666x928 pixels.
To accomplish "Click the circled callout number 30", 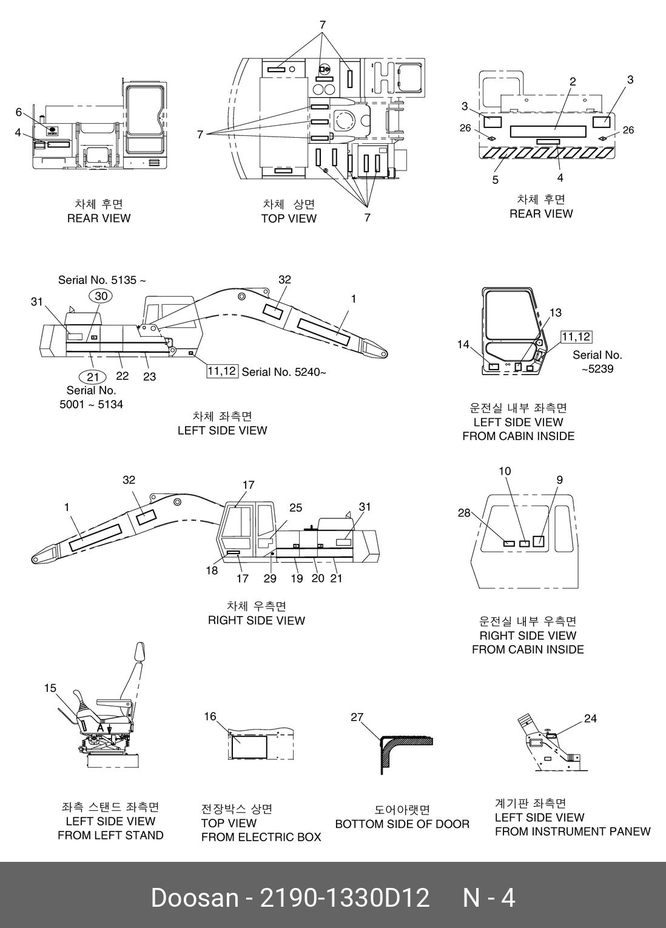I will click(x=101, y=296).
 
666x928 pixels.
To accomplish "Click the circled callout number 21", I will click(x=93, y=377).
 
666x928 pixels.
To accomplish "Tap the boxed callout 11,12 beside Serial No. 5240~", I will click(x=222, y=370).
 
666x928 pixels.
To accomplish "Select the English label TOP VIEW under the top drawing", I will click(x=289, y=218).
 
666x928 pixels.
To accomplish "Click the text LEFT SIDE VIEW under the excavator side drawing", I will click(x=222, y=430).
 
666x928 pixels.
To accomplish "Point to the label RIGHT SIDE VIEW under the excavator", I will click(x=256, y=620).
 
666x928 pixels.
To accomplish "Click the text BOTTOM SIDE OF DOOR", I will click(x=402, y=824).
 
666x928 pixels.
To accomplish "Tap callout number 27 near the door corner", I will click(x=357, y=717).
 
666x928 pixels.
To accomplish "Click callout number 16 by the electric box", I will click(x=210, y=716).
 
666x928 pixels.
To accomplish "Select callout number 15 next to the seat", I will click(x=50, y=688).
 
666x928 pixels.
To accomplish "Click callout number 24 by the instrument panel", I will click(x=590, y=719).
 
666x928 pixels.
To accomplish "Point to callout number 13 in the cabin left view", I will click(x=556, y=313).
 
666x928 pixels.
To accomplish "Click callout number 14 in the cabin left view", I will click(x=463, y=345).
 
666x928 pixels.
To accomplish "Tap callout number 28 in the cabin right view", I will click(x=464, y=513).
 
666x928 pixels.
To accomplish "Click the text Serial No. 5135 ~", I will click(x=102, y=280).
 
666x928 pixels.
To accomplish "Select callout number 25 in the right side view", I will click(x=295, y=507).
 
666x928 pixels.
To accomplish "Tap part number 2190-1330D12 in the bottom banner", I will click(x=345, y=898).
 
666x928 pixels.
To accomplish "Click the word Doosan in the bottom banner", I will click(x=195, y=898).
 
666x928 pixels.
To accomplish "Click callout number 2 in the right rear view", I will click(x=573, y=81).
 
